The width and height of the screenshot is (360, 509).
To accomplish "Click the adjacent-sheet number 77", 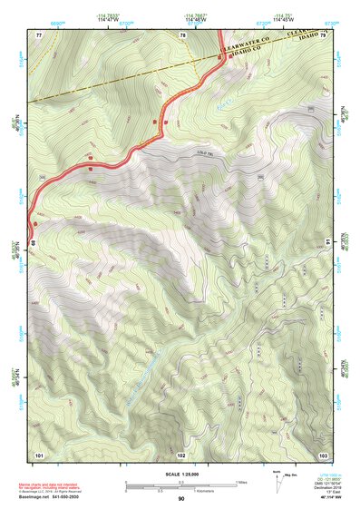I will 39,34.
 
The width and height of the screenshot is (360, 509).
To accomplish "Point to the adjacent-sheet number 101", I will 39,454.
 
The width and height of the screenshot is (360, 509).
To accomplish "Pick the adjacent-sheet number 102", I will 181,454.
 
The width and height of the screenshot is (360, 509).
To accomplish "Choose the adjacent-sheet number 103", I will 323,454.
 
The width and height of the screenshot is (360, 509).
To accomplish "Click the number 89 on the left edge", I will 33,243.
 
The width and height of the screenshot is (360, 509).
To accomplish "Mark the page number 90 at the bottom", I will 181,499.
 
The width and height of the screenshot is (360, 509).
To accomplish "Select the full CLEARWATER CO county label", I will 246,42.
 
